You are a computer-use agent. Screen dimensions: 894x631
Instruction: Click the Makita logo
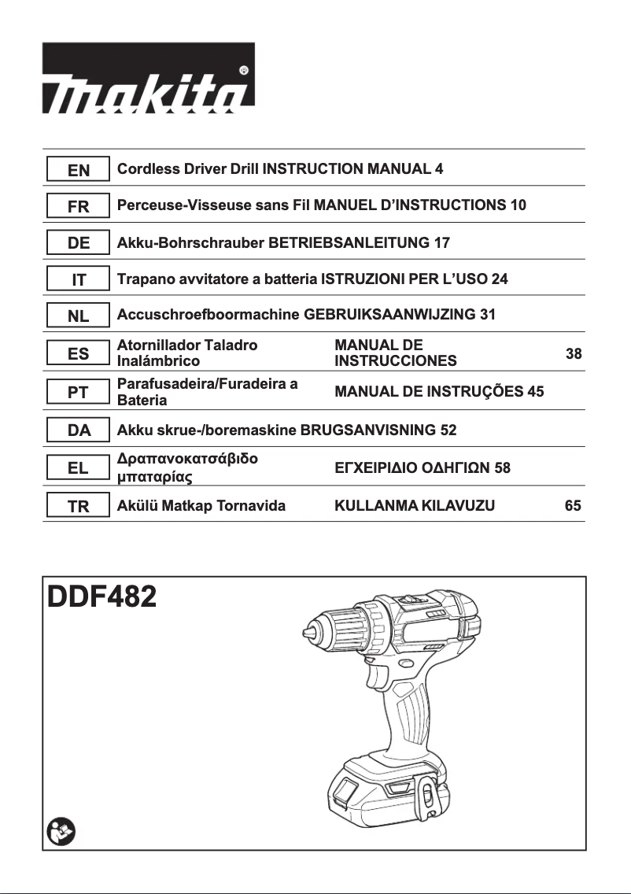click(149, 77)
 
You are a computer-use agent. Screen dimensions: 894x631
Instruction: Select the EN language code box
click(78, 169)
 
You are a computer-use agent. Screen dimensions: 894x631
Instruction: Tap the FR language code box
click(78, 206)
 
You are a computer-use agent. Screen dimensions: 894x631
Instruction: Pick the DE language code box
click(78, 243)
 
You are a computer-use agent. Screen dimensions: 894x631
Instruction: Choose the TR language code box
click(78, 506)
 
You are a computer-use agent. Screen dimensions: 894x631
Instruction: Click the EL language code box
click(78, 468)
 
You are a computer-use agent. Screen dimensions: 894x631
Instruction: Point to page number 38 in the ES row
click(574, 354)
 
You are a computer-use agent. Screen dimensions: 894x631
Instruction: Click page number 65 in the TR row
click(574, 505)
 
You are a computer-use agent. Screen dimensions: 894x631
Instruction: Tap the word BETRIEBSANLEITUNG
click(350, 242)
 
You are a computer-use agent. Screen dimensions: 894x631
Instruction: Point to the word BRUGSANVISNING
click(367, 430)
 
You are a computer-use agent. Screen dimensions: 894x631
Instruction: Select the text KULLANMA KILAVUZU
click(415, 505)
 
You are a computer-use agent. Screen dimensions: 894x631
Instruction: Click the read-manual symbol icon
click(59, 830)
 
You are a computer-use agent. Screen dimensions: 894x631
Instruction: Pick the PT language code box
click(78, 392)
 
